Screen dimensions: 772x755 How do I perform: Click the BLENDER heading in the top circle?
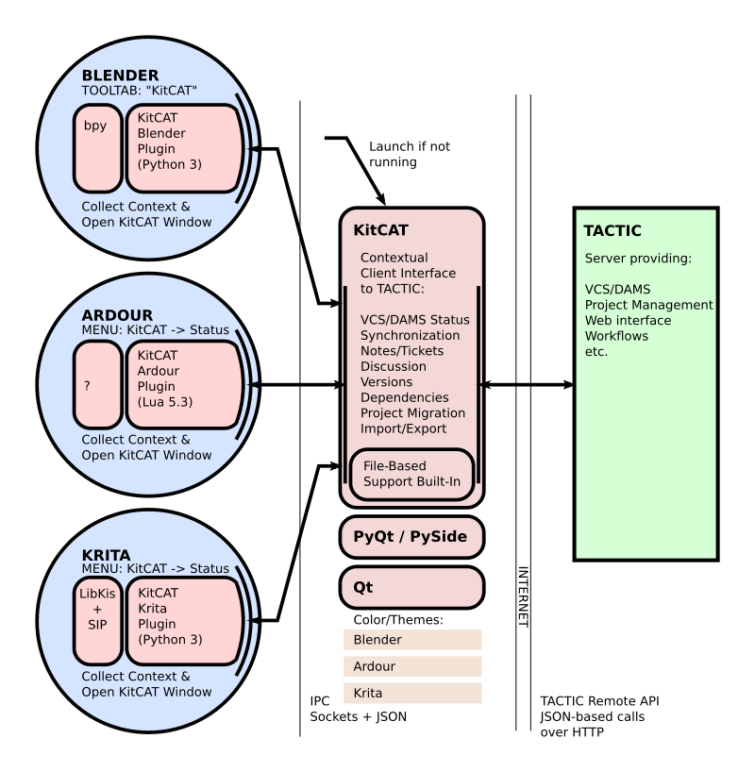coord(120,76)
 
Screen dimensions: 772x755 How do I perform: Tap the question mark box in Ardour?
coord(97,384)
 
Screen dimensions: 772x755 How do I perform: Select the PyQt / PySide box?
coord(411,537)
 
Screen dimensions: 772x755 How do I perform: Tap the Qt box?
coord(411,587)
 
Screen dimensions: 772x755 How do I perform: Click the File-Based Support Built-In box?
coord(411,475)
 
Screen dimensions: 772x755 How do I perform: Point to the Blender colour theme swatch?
coord(412,640)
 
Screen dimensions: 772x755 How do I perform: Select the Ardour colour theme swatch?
coord(412,666)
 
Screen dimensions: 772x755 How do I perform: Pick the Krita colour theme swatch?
coord(412,693)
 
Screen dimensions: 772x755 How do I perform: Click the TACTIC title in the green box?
coord(612,231)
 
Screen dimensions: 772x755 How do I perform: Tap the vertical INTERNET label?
coord(523,596)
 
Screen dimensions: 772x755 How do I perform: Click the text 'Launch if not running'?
coord(409,154)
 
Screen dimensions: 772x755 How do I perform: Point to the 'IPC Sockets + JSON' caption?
coord(359,710)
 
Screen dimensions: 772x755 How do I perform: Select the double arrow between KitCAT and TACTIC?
coord(528,385)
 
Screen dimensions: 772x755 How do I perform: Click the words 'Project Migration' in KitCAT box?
coord(412,412)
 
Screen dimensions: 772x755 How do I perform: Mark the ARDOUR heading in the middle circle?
coord(117,314)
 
